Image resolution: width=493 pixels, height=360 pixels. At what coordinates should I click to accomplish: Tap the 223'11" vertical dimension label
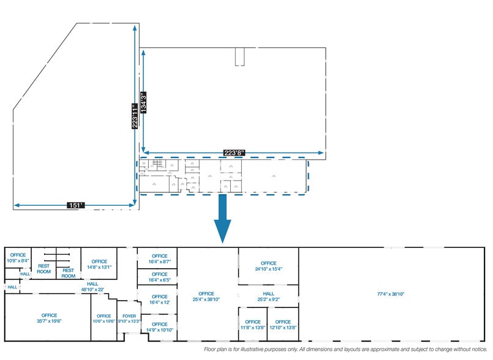point(135,115)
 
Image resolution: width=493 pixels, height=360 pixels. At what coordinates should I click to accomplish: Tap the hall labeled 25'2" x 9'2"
point(268,296)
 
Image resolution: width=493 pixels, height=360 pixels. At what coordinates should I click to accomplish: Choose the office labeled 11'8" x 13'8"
point(252,324)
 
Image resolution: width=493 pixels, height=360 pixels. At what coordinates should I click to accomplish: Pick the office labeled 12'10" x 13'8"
point(283,324)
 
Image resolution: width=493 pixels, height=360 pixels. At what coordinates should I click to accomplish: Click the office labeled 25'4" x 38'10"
point(206,296)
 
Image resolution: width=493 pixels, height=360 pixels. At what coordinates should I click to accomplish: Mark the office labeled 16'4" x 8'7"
point(159,258)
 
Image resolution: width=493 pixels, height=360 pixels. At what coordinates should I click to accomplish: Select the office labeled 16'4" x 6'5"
point(159,277)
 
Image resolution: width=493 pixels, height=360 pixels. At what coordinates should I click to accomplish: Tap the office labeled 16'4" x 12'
point(159,299)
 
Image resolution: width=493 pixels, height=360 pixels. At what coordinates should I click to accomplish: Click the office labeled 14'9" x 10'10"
point(159,327)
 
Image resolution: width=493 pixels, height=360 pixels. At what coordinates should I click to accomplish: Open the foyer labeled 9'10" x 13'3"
point(129,318)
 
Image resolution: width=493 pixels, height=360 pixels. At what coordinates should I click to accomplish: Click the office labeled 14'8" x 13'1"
point(99,264)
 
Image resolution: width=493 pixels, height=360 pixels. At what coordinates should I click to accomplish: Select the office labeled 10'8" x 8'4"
point(17,258)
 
